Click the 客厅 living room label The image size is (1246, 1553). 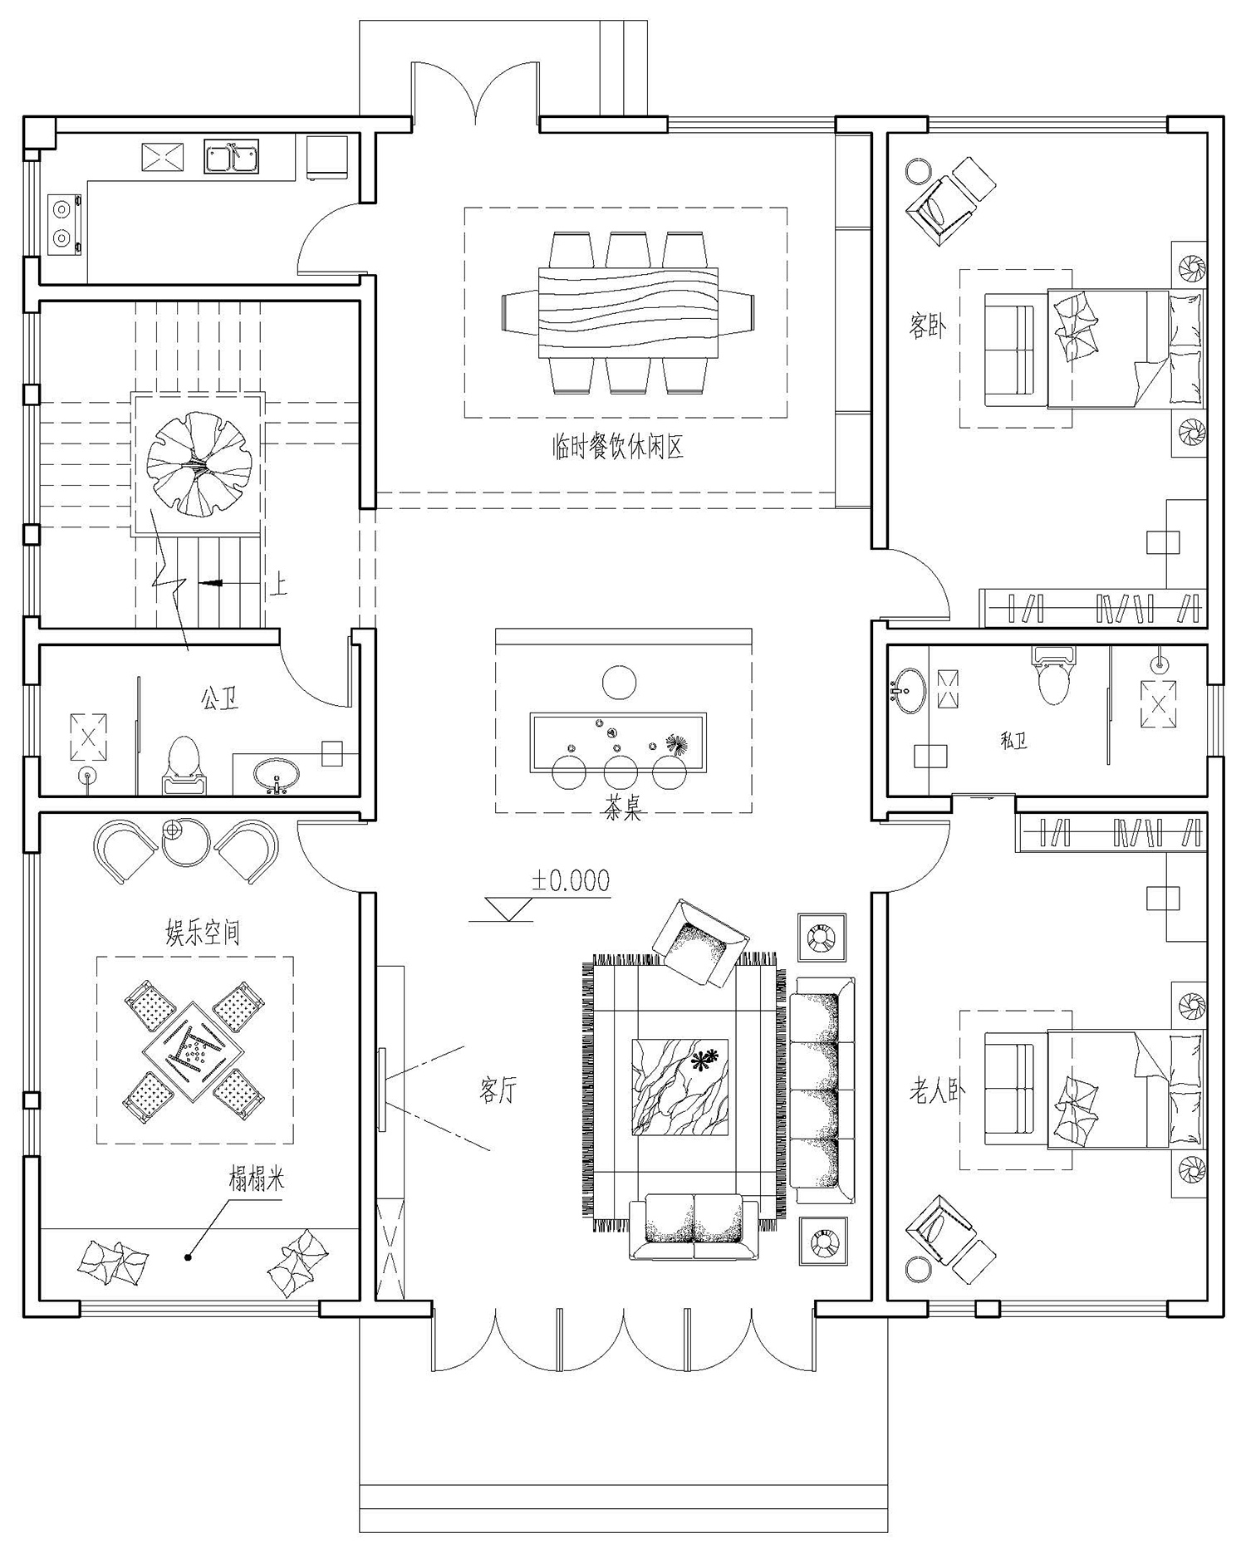click(498, 1090)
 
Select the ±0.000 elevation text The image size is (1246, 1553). click(571, 880)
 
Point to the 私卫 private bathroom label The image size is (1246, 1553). click(1013, 740)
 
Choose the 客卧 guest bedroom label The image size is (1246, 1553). click(928, 326)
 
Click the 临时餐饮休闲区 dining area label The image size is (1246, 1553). click(617, 448)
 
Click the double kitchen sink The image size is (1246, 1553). click(232, 157)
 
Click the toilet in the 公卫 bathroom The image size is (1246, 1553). click(184, 765)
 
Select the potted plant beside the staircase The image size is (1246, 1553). click(199, 463)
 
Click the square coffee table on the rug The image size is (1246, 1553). click(680, 1086)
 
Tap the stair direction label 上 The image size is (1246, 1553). click(279, 585)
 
